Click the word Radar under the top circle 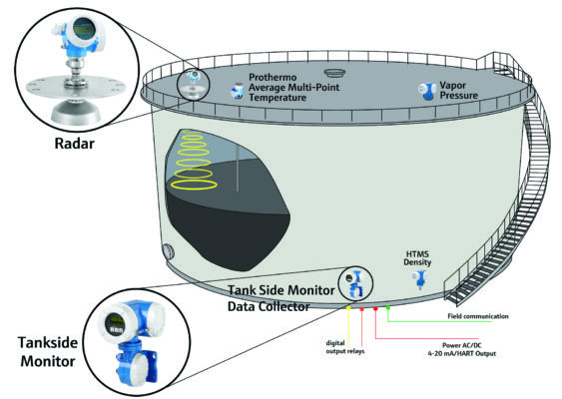(x=75, y=144)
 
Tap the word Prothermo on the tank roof (x=273, y=78)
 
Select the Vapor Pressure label (x=459, y=90)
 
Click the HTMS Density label (x=417, y=258)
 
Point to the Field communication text (x=478, y=316)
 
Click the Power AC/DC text (x=462, y=345)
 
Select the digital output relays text (x=344, y=347)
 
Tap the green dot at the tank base (x=387, y=307)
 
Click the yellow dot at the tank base (x=348, y=307)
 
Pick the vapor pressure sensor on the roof (x=427, y=92)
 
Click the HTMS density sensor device (x=420, y=278)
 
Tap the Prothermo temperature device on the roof (x=237, y=90)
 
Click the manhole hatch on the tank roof (x=334, y=74)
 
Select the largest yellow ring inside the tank (x=194, y=185)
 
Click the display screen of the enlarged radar (x=84, y=29)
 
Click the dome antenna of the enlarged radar (x=75, y=113)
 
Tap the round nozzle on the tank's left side (x=169, y=252)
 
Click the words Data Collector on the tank (x=269, y=306)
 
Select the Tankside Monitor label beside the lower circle (x=48, y=352)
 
